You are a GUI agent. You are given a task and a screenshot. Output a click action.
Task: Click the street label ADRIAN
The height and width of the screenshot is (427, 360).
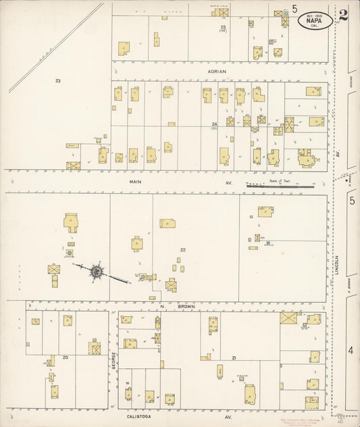tap(217, 71)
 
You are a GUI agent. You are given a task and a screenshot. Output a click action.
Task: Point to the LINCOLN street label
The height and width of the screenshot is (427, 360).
tap(336, 266)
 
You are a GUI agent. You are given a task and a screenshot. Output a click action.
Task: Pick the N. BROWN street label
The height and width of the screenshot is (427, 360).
tap(163, 307)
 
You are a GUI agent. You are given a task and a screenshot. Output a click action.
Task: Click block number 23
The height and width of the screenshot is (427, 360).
tap(58, 81)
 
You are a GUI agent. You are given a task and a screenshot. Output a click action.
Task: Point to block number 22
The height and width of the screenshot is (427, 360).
tap(182, 250)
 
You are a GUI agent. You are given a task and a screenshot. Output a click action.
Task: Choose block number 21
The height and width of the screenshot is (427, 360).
tap(234, 357)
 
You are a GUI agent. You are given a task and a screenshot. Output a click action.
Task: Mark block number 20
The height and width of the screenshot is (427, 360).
tap(65, 357)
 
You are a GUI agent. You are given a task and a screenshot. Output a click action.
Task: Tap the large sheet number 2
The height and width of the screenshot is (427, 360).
tap(343, 16)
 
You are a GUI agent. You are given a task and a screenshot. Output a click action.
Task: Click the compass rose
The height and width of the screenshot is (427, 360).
tap(97, 272)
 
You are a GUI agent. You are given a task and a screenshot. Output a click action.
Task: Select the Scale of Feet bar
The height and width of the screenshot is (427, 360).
tap(280, 184)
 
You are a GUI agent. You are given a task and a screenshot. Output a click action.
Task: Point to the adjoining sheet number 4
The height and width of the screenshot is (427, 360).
tap(351, 351)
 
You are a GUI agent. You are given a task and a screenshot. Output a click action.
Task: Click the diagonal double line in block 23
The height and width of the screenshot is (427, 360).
tap(57, 47)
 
